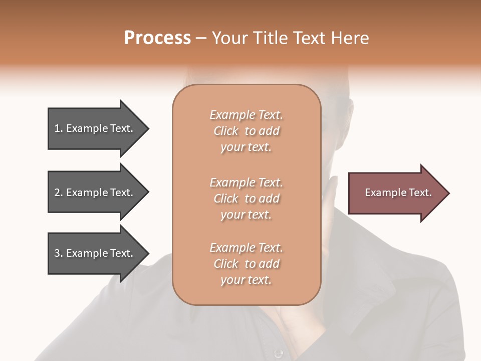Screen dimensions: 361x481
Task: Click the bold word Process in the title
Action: click(157, 38)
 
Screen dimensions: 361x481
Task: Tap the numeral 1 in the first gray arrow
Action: click(57, 128)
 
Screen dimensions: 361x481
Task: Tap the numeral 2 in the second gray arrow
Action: click(57, 193)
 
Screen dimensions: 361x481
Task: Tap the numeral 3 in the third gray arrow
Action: click(57, 253)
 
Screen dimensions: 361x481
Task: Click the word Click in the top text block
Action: click(226, 131)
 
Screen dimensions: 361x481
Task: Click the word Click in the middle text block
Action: click(226, 199)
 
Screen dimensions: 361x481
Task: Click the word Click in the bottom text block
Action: click(226, 264)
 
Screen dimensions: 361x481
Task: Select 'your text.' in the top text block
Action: click(246, 147)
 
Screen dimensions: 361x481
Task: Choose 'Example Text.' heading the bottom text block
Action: click(246, 248)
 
